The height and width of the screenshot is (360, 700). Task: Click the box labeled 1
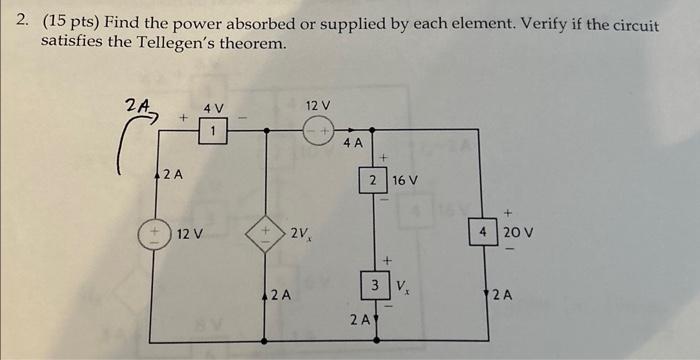point(213,129)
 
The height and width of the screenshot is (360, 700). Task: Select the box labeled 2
point(372,181)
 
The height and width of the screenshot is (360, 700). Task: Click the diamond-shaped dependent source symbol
point(266,235)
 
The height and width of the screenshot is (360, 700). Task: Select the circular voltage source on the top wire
point(318,129)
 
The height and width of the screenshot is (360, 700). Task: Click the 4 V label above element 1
point(214,106)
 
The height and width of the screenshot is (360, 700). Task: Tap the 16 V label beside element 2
point(404,181)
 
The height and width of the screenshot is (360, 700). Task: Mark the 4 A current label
point(353,144)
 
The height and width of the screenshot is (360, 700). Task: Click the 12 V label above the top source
point(318,105)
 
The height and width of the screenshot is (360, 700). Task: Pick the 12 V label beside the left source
point(190,235)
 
